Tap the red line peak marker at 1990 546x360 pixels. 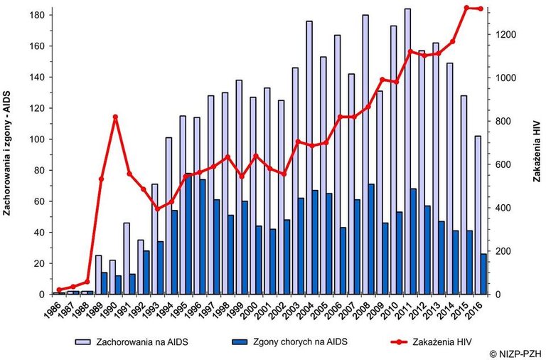coord(115,117)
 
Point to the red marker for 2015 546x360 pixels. coord(466,8)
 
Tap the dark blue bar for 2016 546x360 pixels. coord(483,274)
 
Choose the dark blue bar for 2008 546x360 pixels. coord(371,239)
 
